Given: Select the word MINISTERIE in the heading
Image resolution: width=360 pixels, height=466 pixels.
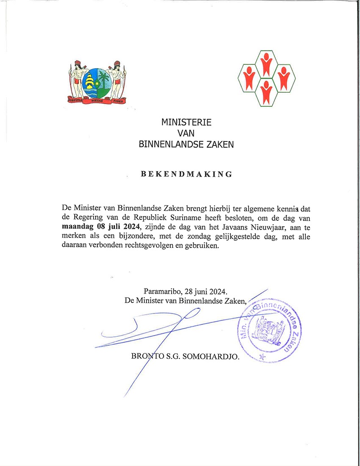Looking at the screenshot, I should pyautogui.click(x=186, y=123).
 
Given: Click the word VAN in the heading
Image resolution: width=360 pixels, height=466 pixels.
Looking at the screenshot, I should pyautogui.click(x=186, y=134).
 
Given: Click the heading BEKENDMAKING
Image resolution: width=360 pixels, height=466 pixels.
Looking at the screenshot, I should pyautogui.click(x=186, y=174).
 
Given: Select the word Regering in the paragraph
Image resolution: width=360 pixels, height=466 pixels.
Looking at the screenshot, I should pyautogui.click(x=85, y=218).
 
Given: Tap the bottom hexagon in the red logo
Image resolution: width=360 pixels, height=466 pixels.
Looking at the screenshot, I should pyautogui.click(x=266, y=93).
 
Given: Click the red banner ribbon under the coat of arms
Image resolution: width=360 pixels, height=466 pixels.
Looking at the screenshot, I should pyautogui.click(x=97, y=100).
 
